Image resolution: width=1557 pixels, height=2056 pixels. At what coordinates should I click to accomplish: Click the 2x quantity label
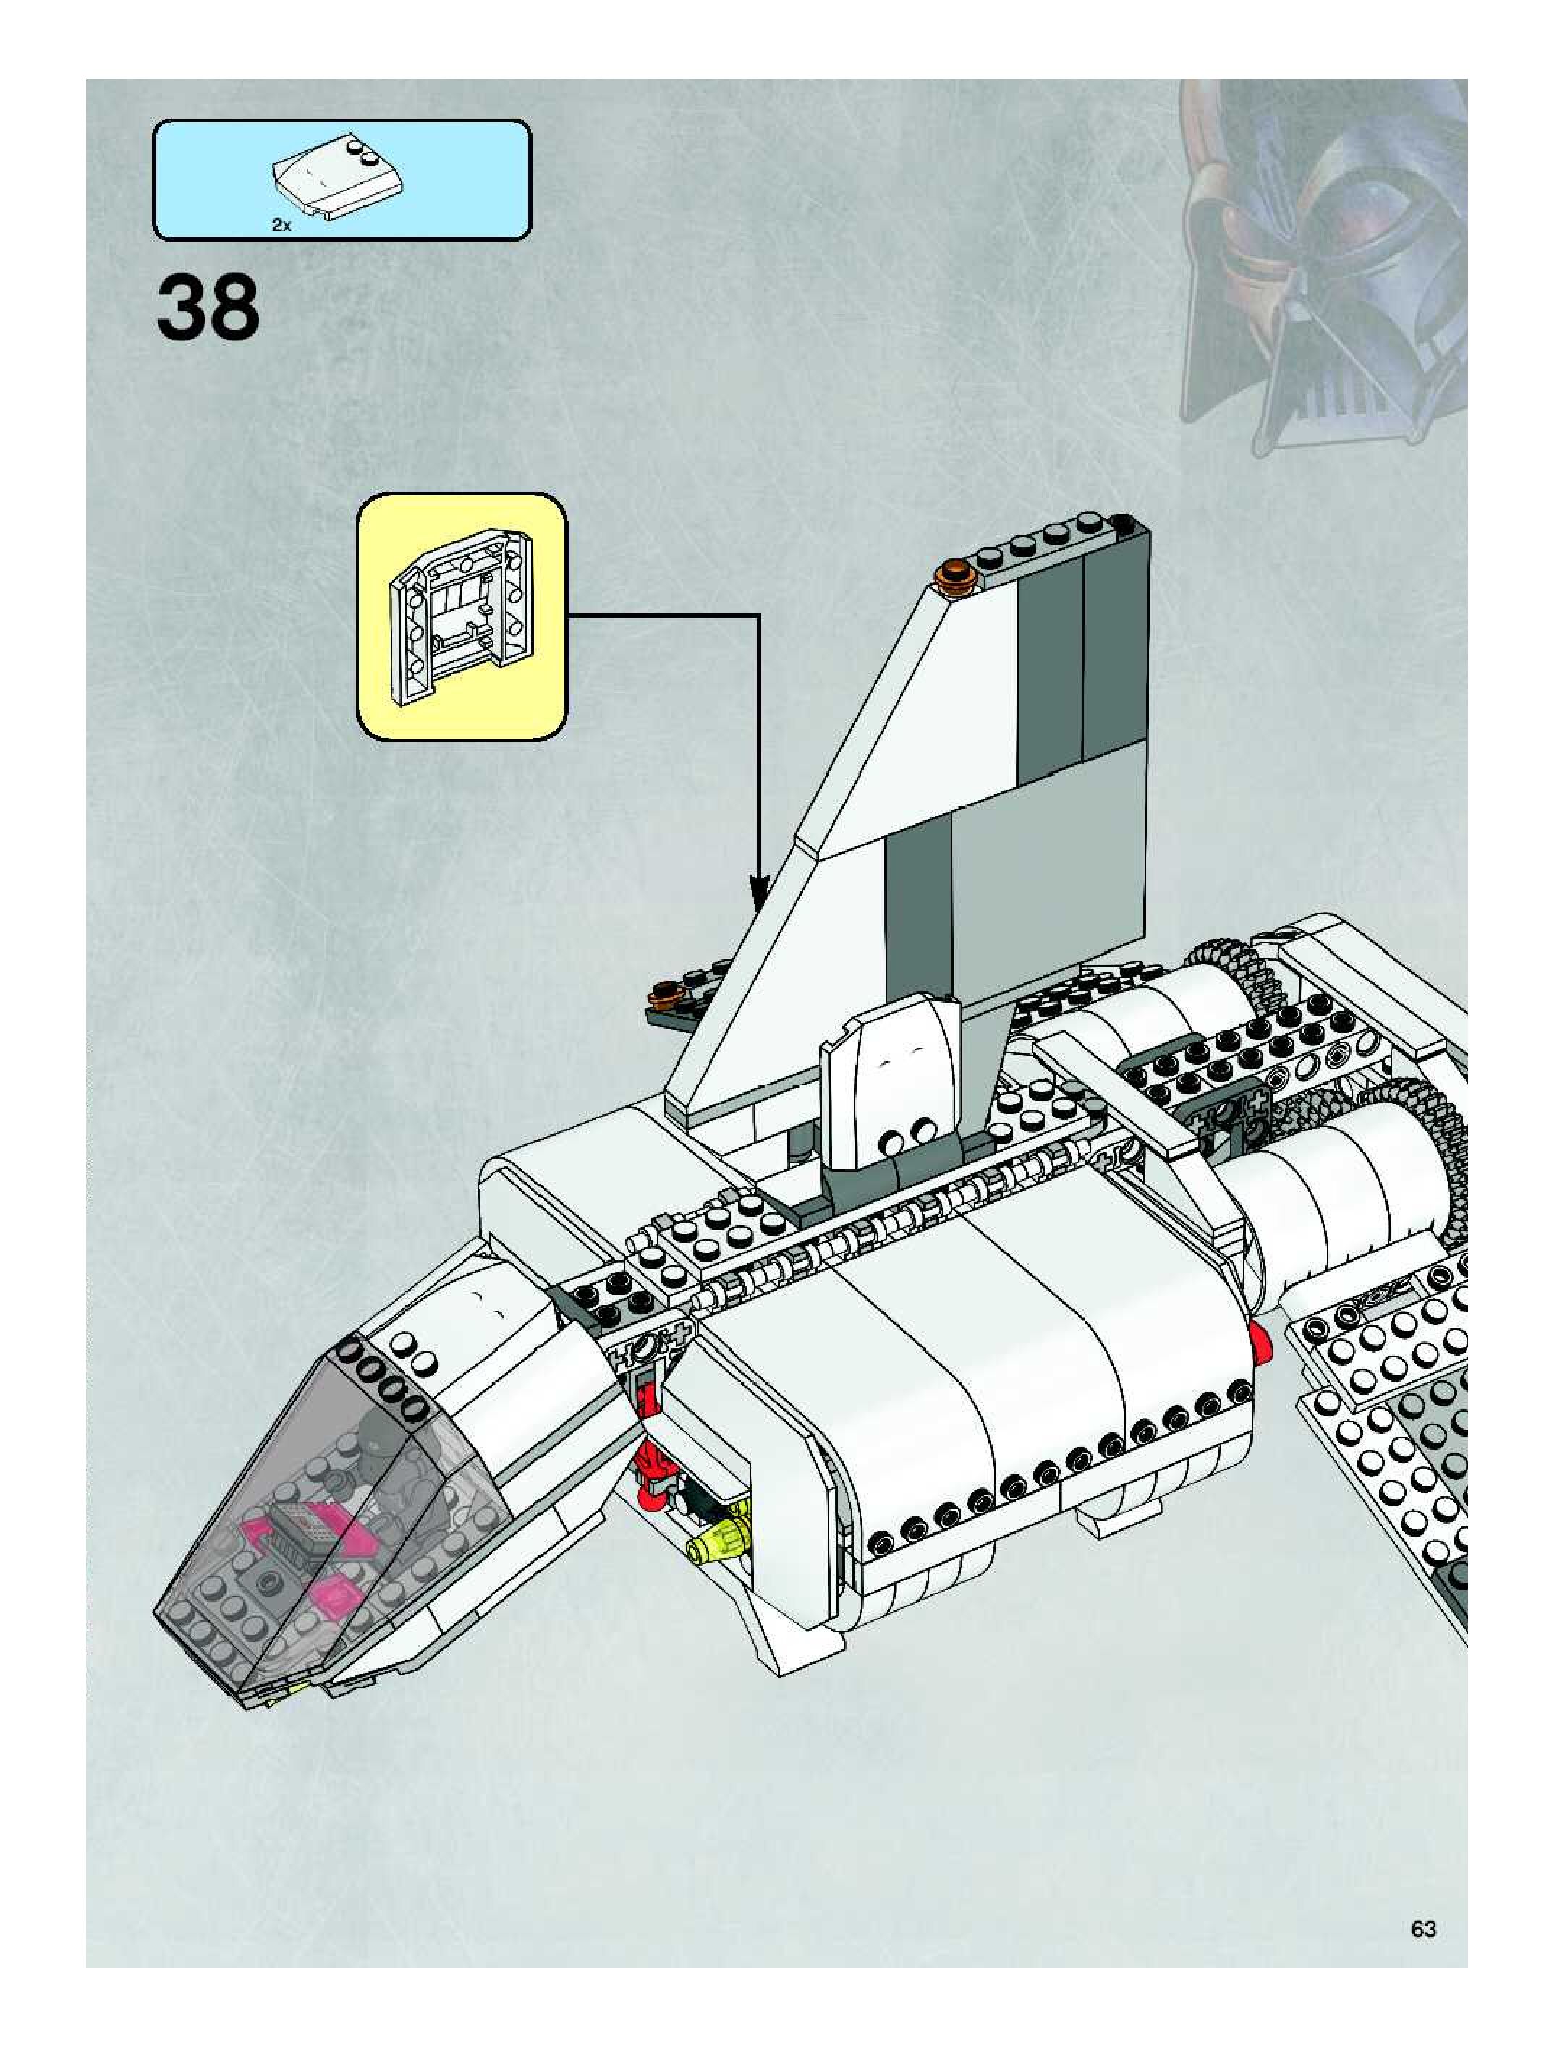281,225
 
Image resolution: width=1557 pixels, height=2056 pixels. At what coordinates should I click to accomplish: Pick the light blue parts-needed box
341,179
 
